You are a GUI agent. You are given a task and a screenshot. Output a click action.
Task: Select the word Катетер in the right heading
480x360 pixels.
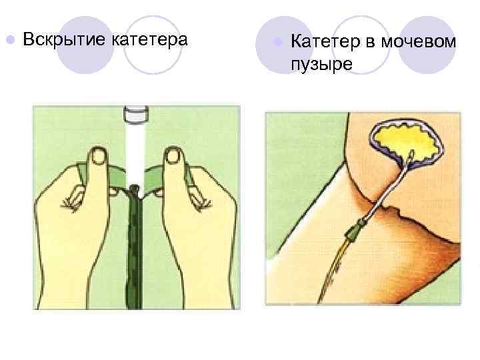[x=324, y=42]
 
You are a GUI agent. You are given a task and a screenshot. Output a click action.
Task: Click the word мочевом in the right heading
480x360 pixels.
[x=419, y=42]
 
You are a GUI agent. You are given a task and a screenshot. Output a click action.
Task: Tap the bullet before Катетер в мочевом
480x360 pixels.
[x=277, y=42]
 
